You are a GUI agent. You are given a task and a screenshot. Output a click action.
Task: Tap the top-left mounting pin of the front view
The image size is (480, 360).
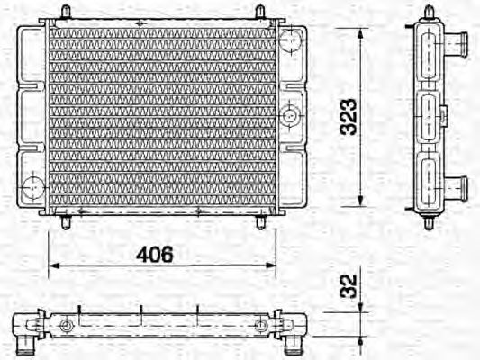click(x=66, y=13)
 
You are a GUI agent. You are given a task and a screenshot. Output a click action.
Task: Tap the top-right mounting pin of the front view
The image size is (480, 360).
click(x=260, y=13)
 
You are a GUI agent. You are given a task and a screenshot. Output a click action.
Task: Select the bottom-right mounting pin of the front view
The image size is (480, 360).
click(x=261, y=220)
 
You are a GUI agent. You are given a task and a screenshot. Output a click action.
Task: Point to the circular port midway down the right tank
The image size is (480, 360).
click(x=290, y=114)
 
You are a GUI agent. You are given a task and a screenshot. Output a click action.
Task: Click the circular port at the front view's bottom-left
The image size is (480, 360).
click(x=32, y=190)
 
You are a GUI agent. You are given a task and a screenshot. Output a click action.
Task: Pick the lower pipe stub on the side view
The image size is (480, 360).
click(x=458, y=189)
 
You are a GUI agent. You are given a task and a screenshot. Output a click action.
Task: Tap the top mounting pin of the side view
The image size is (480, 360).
click(x=429, y=12)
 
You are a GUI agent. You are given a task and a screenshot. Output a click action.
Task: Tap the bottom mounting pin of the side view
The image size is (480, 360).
click(x=429, y=221)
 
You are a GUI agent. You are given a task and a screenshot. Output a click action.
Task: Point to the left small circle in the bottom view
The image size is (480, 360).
click(x=65, y=325)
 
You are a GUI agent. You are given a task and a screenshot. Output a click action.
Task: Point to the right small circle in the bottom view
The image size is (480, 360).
click(x=261, y=325)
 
